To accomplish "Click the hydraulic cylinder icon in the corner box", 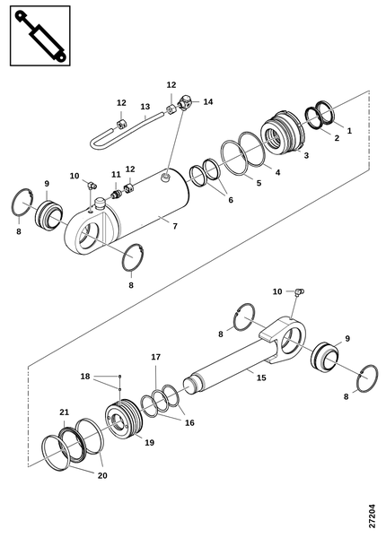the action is coord(40,36).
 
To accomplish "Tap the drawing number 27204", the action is coord(372,516).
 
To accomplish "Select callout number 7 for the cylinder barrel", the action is coord(175,226).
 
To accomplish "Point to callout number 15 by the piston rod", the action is coord(261,377).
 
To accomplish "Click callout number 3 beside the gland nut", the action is coord(306,155).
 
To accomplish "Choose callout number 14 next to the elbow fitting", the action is coord(208,101).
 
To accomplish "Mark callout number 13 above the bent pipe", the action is coord(145,107).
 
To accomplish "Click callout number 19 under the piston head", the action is coord(149,443).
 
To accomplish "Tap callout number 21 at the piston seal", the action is coord(65,412).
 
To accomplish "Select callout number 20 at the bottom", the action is coord(102,475).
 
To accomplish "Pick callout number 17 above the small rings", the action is coord(156,357).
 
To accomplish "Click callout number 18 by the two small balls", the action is coord(85,377).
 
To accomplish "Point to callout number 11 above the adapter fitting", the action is coord(116,174).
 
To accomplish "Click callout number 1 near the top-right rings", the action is coord(349,130).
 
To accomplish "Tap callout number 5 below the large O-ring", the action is coord(259,183).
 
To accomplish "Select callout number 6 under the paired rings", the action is coord(231,200).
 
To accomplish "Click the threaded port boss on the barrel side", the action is coord(165,178).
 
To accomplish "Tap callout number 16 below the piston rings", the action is coord(189,422).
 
